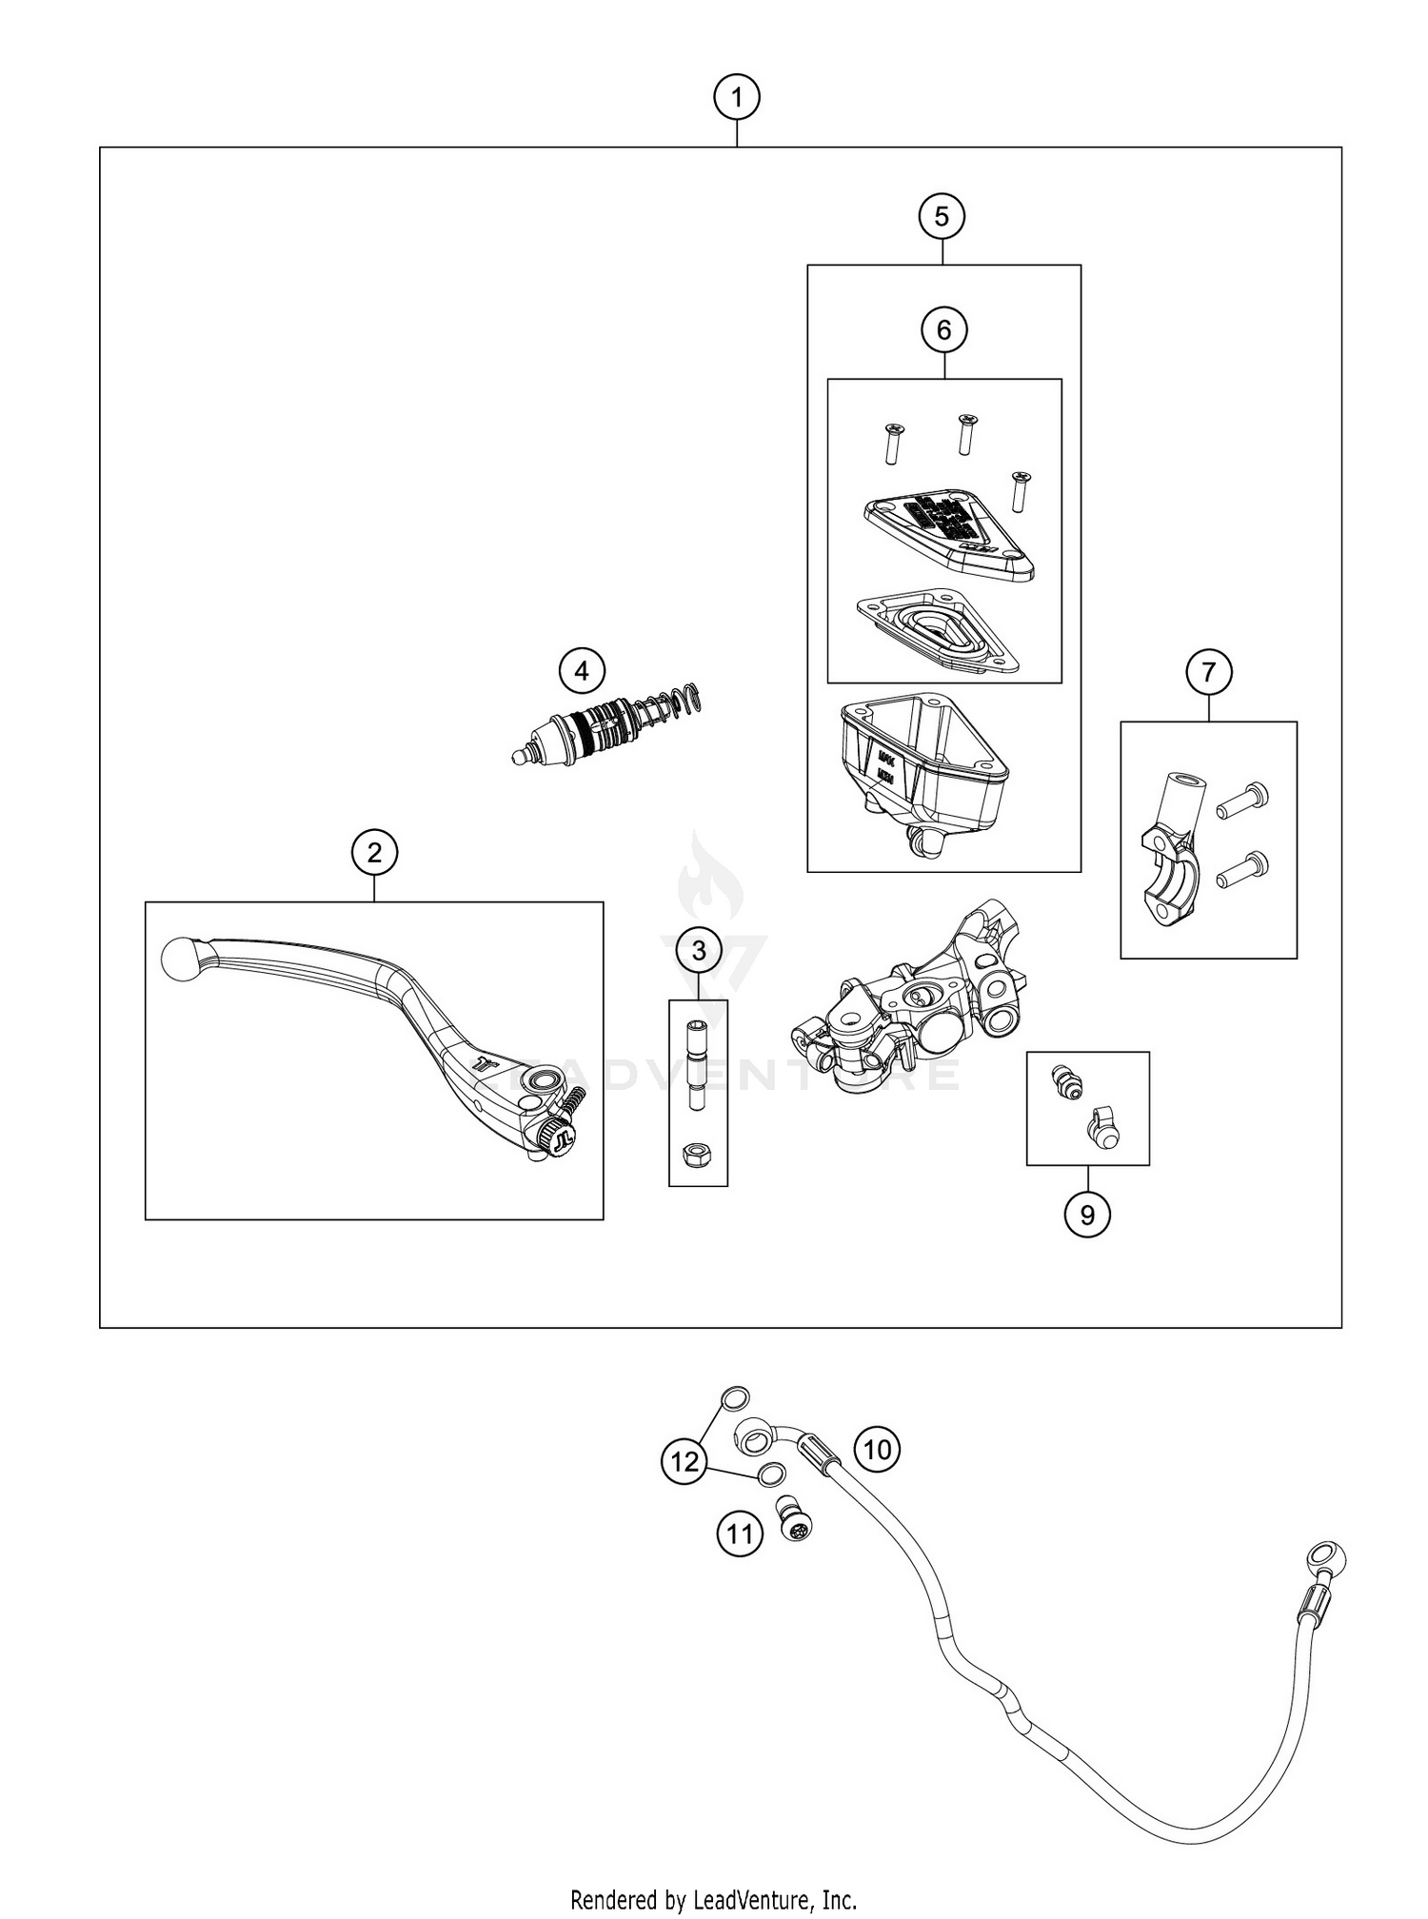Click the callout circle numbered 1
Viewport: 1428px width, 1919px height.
point(736,97)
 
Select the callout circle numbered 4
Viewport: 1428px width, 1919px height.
point(582,671)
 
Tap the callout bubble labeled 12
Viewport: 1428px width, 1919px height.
point(684,1460)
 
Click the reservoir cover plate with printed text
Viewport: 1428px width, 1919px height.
point(947,530)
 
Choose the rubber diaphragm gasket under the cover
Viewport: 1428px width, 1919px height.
point(938,630)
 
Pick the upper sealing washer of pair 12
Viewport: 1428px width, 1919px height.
point(735,1399)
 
